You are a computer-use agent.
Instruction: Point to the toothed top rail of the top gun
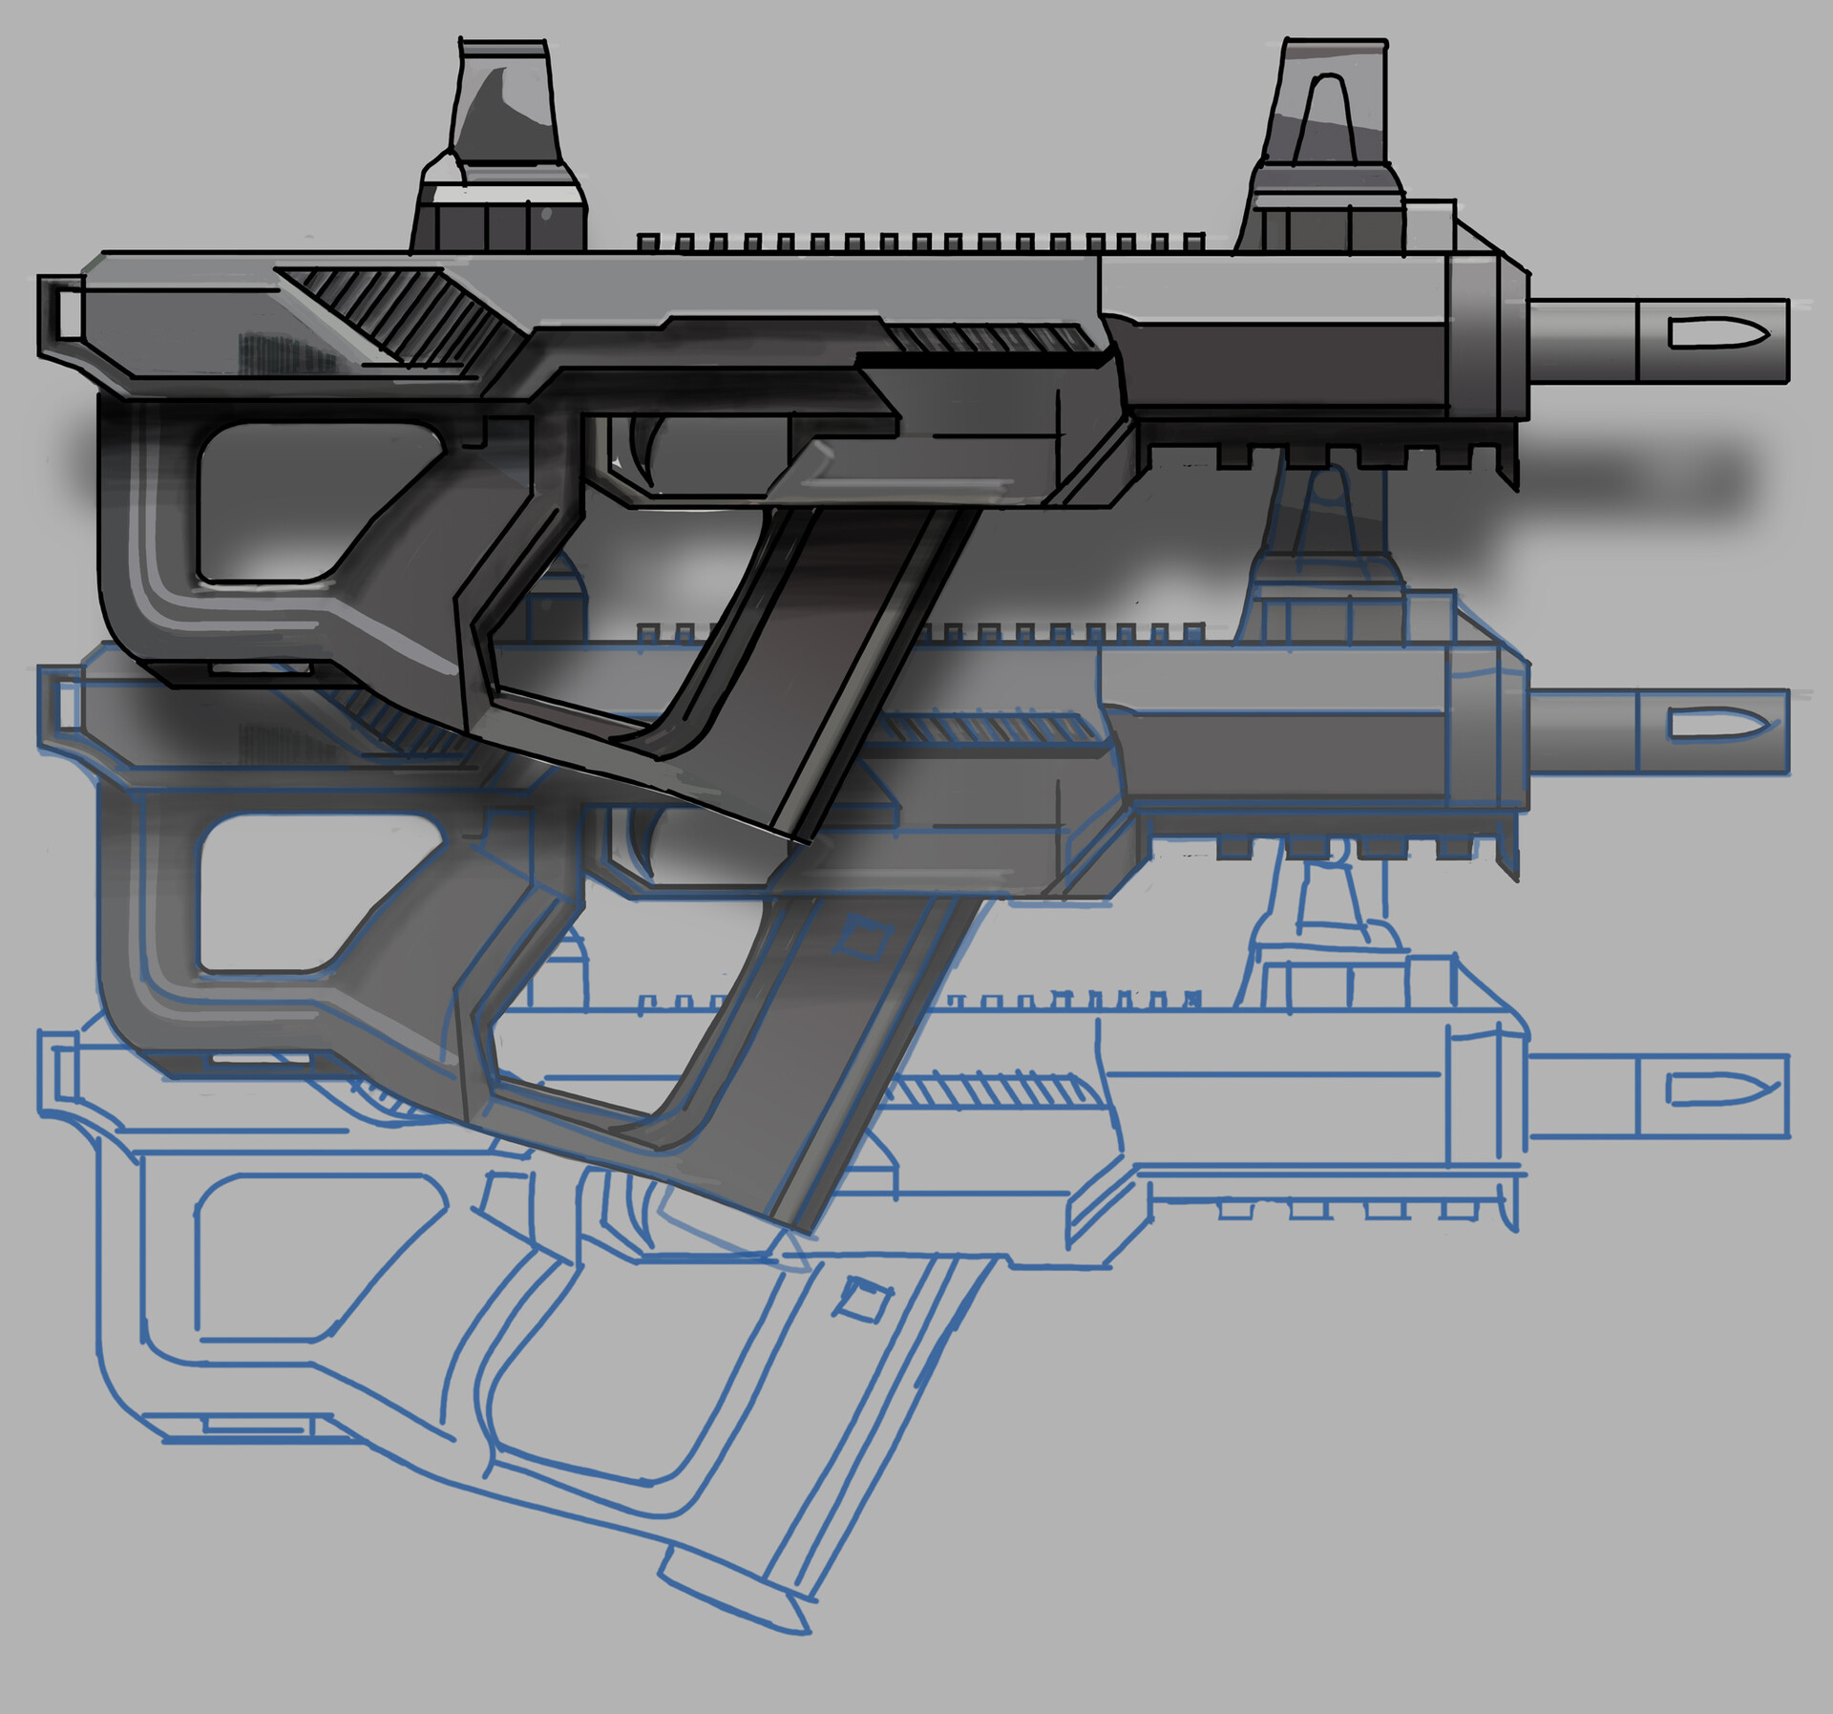coord(916,243)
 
